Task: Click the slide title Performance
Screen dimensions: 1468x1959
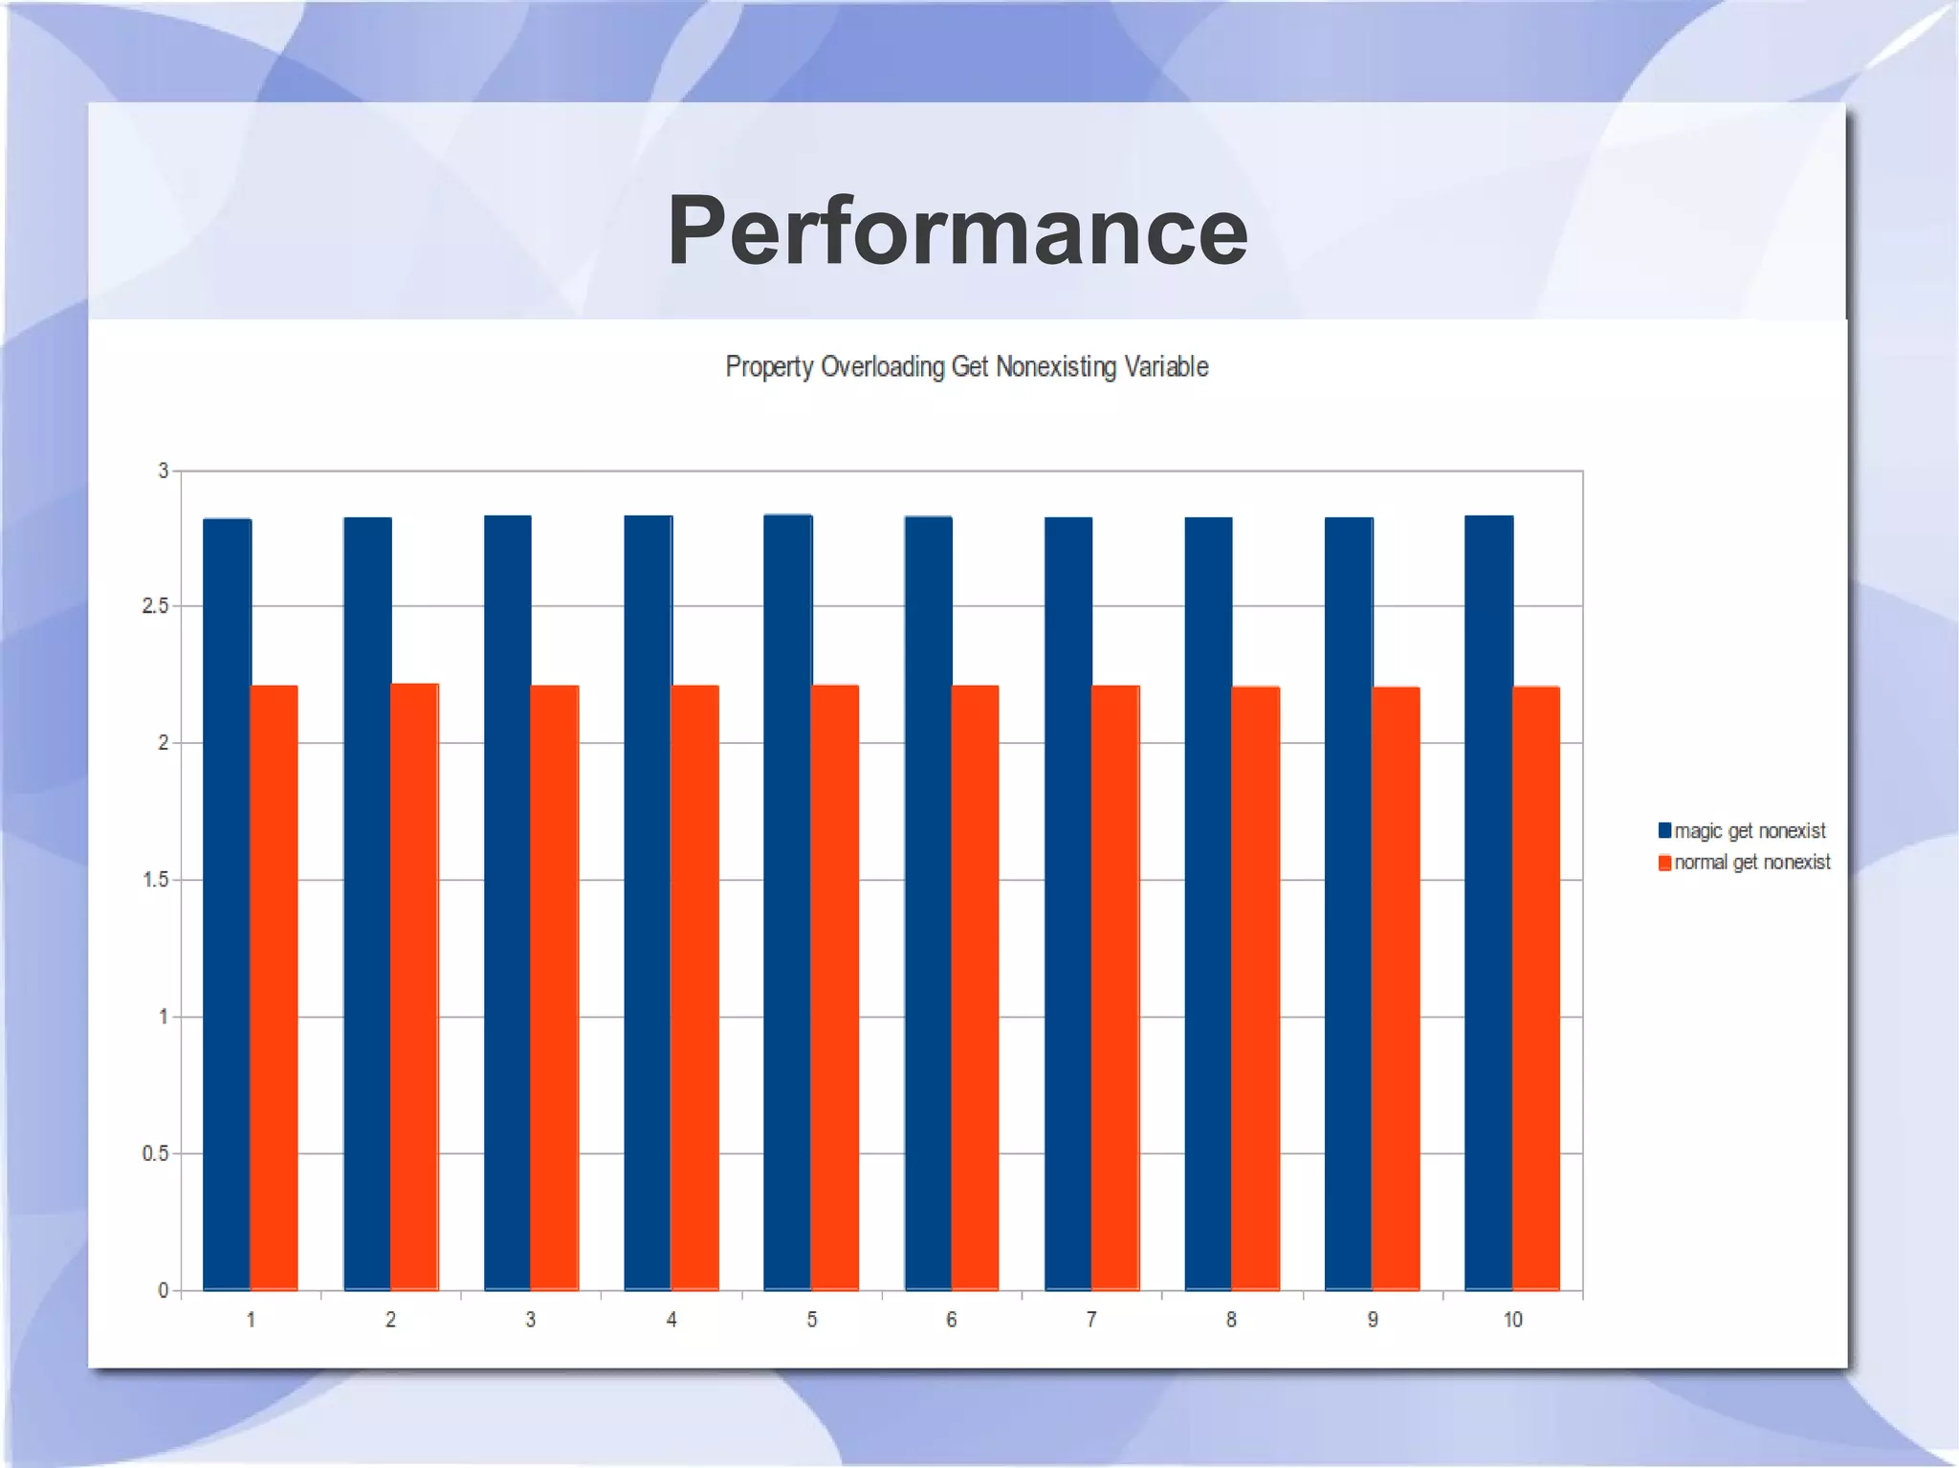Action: pos(957,230)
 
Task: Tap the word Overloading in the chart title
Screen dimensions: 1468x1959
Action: pos(882,366)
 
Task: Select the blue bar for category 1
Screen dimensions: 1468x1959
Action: pos(227,904)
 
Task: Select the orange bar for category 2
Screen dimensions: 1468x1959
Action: pos(414,987)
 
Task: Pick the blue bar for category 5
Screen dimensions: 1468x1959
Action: pos(787,902)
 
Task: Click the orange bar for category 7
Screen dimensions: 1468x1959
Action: pos(1115,988)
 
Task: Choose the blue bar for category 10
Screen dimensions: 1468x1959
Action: pos(1488,903)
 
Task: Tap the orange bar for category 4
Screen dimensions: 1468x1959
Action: pos(694,988)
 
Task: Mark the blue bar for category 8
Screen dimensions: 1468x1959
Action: pos(1208,904)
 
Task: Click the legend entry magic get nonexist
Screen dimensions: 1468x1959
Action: pos(1750,830)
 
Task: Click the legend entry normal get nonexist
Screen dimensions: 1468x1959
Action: pos(1751,862)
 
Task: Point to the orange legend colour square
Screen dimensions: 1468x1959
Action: pos(1664,863)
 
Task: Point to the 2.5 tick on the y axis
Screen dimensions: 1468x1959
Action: pos(155,606)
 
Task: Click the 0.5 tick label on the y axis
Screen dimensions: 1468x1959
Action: pos(155,1153)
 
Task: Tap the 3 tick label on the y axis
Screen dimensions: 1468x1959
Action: pos(164,471)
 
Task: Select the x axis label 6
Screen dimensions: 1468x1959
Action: pos(951,1320)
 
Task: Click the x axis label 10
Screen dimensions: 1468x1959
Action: pos(1512,1320)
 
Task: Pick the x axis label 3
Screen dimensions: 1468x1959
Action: pos(531,1320)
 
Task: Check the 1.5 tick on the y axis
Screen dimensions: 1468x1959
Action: pos(155,880)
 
